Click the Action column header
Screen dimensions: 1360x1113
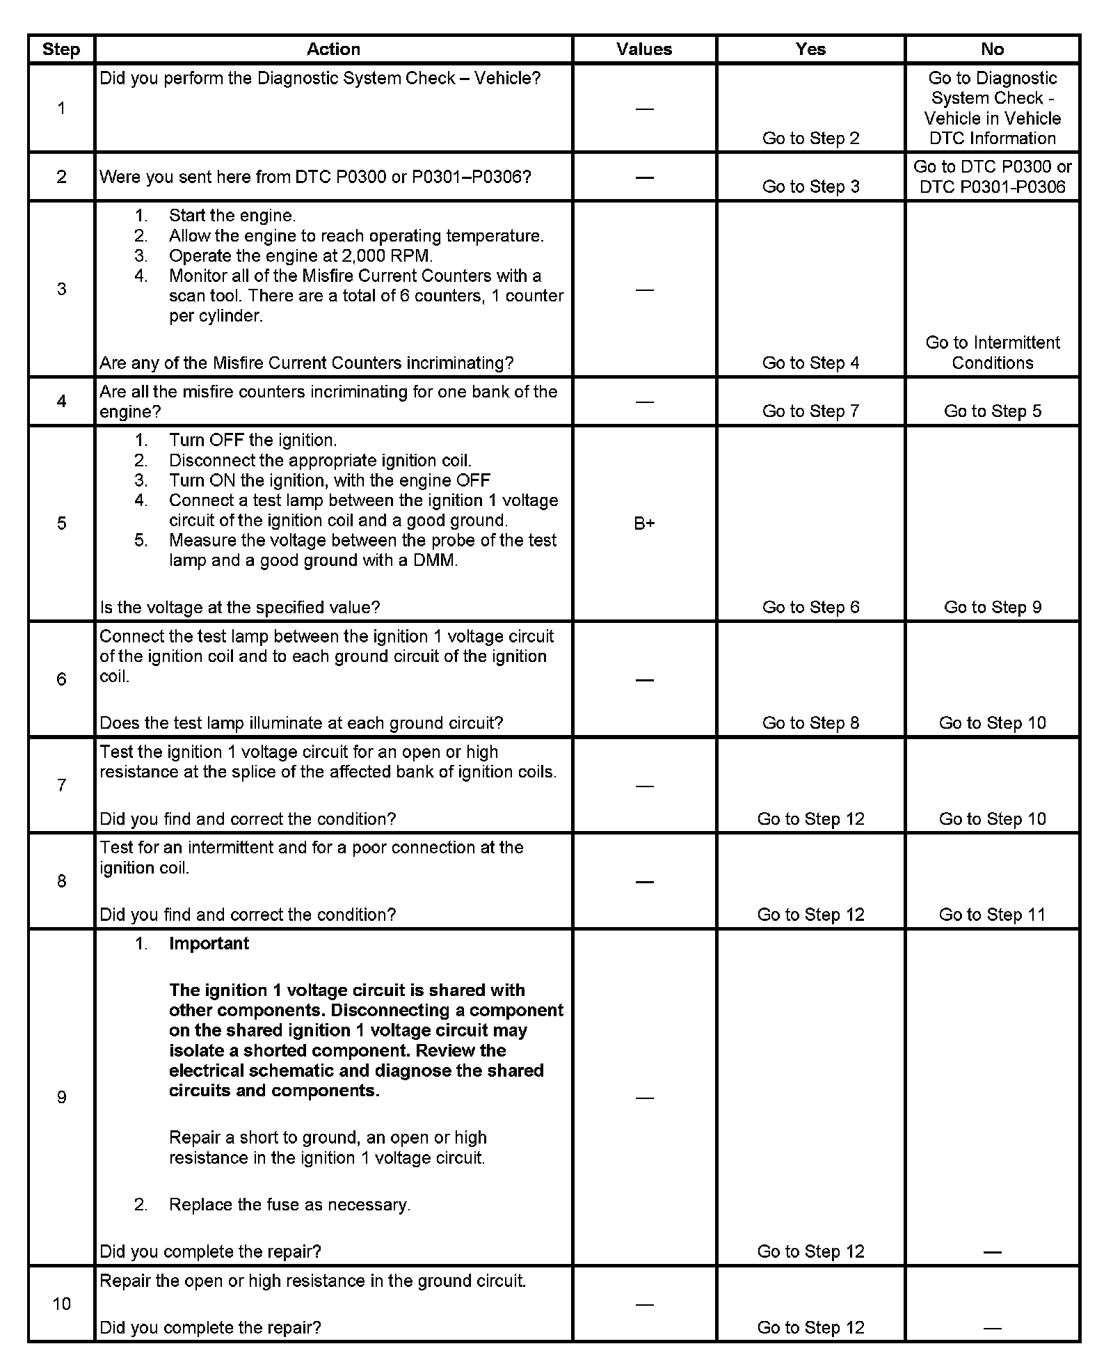coord(333,49)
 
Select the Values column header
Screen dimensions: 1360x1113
coord(644,49)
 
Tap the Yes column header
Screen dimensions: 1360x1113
coord(810,49)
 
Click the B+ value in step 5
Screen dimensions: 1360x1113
coord(644,523)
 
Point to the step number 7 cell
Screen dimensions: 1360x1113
coord(61,785)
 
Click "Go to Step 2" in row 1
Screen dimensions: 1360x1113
coord(810,138)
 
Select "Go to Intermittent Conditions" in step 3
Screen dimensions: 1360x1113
coord(992,352)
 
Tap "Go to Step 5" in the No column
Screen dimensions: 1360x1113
coord(992,411)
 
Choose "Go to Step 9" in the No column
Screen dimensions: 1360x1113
coord(992,607)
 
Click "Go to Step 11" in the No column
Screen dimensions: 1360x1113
coord(992,915)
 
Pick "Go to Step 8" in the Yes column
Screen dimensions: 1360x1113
coord(810,722)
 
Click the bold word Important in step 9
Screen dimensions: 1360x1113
coord(209,943)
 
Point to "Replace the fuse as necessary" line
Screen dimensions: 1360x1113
coord(289,1205)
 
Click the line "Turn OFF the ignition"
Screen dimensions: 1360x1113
coord(253,440)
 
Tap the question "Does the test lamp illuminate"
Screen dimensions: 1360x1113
coord(301,722)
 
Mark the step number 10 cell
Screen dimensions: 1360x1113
coord(61,1304)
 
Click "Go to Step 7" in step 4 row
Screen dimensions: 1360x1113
coord(810,411)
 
